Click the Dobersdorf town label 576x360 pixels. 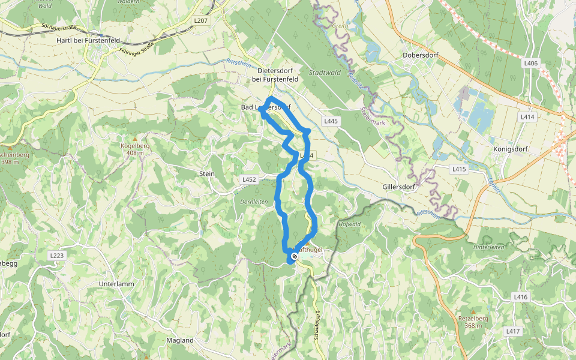[x=420, y=55]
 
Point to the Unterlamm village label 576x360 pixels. [x=116, y=284]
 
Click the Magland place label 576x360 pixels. [x=179, y=340]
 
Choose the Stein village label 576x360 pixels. [x=206, y=173]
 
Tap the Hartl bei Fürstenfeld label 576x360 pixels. [x=88, y=40]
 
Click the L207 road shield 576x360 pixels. [x=200, y=20]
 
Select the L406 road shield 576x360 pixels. [x=530, y=63]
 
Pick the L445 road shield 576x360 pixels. [x=331, y=121]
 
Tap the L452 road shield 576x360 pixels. [x=250, y=179]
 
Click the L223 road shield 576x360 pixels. [x=57, y=256]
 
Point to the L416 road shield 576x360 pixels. [x=520, y=297]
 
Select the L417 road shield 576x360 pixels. [x=512, y=331]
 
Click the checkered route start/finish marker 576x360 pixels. [x=294, y=257]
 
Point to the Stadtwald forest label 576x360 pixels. [x=324, y=73]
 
